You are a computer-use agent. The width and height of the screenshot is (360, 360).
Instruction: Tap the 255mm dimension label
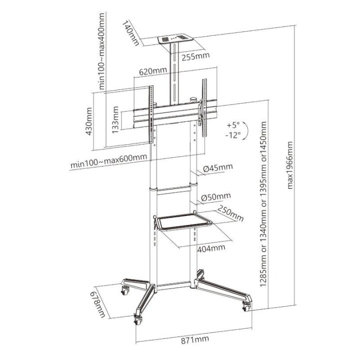pyautogui.click(x=195, y=56)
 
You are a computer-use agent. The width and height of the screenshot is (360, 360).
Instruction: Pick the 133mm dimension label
pyautogui.click(x=116, y=123)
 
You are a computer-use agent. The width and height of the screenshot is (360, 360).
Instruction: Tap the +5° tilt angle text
pyautogui.click(x=232, y=124)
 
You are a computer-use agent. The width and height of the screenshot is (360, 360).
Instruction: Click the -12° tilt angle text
pyautogui.click(x=232, y=134)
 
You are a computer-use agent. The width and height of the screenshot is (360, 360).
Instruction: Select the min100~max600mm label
pyautogui.click(x=108, y=162)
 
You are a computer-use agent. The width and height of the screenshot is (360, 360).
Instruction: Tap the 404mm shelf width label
pyautogui.click(x=209, y=248)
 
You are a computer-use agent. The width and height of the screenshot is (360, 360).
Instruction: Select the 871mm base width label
pyautogui.click(x=194, y=340)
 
